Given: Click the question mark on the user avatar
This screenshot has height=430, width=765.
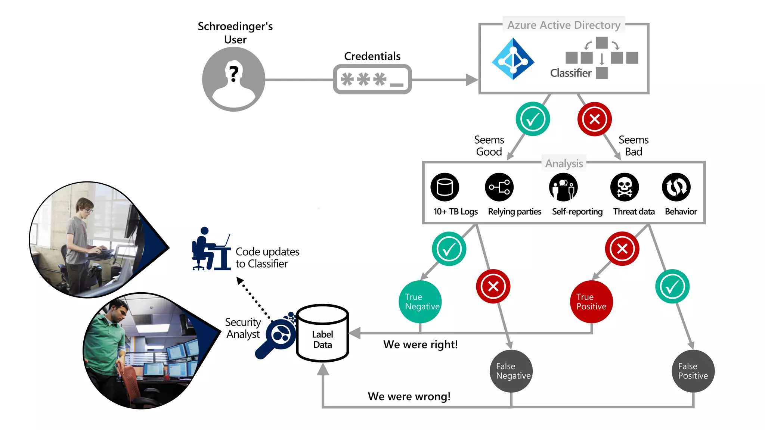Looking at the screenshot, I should pos(234,73).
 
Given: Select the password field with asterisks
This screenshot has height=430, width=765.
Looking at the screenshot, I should pos(372,79).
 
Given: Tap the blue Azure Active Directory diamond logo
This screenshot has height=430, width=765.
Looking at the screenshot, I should pos(513,59).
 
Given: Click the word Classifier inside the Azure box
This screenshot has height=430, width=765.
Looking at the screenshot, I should pos(570,73).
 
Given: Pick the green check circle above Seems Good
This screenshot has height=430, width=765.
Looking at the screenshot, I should pos(532,119).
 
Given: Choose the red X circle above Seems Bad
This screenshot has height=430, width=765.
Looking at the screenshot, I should pos(594,119).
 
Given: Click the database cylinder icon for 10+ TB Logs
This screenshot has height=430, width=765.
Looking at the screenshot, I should pos(445,187).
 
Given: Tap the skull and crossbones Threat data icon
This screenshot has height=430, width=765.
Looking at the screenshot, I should pos(624,187).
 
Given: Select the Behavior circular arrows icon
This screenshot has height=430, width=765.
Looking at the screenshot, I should pos(676,187).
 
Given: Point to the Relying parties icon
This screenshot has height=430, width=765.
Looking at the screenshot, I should pos(499,187).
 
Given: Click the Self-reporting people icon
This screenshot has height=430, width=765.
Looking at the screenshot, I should pos(563,187).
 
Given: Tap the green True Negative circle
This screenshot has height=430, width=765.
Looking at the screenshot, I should pos(420,302).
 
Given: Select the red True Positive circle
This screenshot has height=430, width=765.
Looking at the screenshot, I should pos(591,302).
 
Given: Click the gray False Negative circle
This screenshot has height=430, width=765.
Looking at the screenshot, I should pos(511,371).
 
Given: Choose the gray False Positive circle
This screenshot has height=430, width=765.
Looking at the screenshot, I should pos(693,371).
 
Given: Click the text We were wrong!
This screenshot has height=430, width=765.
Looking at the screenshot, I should pos(409,396).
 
